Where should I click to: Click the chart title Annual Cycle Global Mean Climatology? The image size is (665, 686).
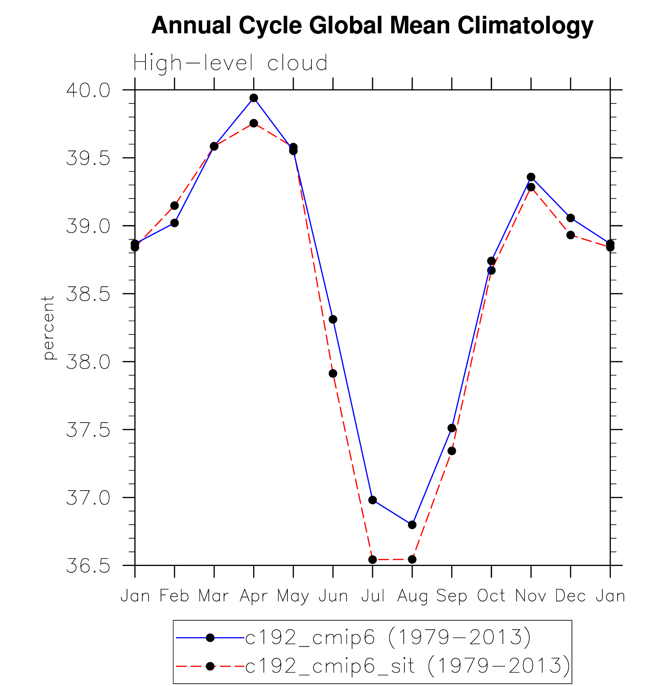(372, 26)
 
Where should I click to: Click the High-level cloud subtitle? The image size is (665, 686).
(230, 63)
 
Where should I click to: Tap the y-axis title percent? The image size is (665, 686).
(48, 327)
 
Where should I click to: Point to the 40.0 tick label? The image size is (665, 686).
(88, 91)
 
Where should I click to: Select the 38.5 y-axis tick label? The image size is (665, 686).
(88, 294)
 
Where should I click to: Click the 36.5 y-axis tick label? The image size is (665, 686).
(88, 566)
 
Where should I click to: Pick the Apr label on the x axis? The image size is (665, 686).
(254, 596)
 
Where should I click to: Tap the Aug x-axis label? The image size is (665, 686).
(412, 596)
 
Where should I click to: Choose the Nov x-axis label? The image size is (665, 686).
(531, 596)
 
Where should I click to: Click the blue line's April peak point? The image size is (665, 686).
(254, 98)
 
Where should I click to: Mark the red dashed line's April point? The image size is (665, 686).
(254, 123)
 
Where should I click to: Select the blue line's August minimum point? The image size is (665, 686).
(412, 525)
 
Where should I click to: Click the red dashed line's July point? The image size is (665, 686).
(373, 560)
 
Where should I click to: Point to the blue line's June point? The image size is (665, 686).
(333, 319)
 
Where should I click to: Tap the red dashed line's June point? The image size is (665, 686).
(333, 374)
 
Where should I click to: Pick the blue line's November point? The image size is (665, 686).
(531, 177)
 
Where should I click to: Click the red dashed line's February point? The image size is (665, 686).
(175, 205)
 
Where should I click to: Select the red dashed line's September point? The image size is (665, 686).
(452, 451)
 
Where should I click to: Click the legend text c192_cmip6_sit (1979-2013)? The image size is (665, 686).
(408, 666)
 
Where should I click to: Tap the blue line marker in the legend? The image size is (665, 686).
(210, 637)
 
